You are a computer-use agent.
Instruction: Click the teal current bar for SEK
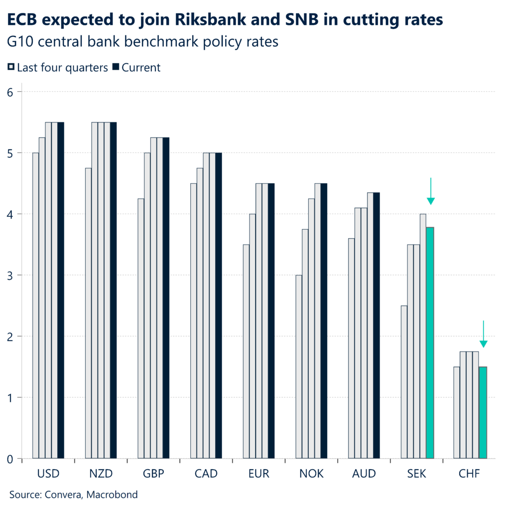click(x=430, y=343)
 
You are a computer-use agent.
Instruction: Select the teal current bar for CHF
click(x=483, y=412)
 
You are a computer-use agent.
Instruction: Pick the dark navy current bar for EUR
click(x=271, y=321)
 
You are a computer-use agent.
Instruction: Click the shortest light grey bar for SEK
click(x=404, y=382)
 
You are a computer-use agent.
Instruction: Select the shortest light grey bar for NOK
click(x=299, y=367)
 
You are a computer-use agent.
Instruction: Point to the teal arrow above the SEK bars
click(x=431, y=192)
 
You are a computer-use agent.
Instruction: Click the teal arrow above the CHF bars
click(x=483, y=334)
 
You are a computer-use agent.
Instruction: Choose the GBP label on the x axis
click(x=153, y=474)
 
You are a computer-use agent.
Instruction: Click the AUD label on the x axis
click(x=364, y=474)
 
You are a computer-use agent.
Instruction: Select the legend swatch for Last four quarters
click(x=11, y=67)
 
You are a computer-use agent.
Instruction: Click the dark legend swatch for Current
click(x=116, y=67)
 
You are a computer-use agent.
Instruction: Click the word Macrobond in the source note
click(x=113, y=495)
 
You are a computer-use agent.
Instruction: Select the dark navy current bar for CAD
click(x=219, y=305)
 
